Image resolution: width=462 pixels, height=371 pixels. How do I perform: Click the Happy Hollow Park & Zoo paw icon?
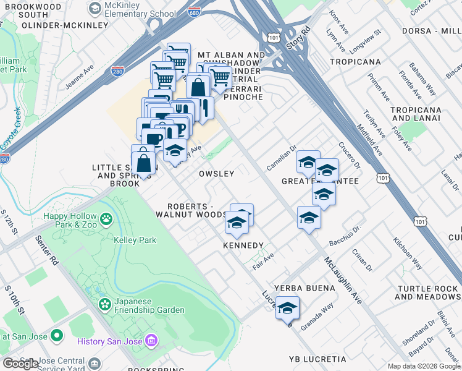tap(107, 218)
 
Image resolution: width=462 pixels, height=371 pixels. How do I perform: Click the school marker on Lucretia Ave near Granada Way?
tap(288, 308)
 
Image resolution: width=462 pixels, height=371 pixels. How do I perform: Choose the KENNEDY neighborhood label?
tap(243, 245)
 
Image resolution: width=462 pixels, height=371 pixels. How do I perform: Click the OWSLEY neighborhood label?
tap(216, 174)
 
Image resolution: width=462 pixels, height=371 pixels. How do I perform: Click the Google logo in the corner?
tap(20, 364)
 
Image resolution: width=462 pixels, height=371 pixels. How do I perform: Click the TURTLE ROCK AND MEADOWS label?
tap(427, 292)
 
